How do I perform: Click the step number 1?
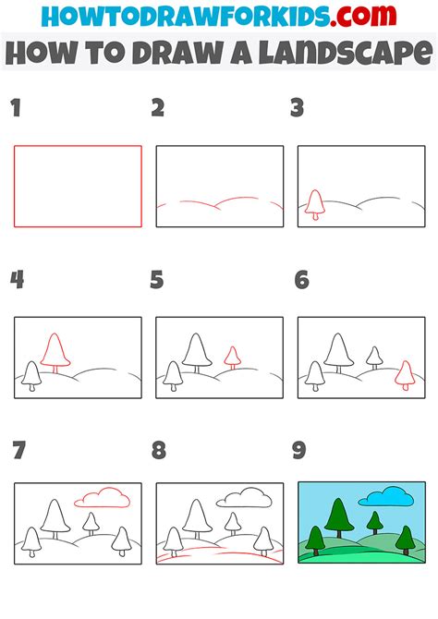click(16, 109)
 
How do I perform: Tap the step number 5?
click(157, 279)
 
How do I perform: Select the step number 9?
click(298, 450)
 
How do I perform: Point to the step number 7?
click(17, 450)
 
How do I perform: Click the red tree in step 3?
click(315, 203)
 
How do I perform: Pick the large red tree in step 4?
click(56, 353)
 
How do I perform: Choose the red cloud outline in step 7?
click(102, 499)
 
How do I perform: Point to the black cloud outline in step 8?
click(243, 499)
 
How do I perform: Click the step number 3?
click(298, 109)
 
